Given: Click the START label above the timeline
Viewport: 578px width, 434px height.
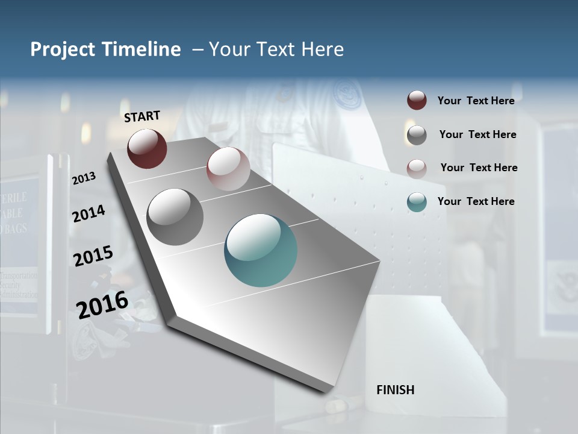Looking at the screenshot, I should pos(142,116).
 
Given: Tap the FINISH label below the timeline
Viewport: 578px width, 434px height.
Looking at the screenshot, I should pos(396,390).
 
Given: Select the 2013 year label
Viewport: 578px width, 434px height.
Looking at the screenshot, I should pos(84,178).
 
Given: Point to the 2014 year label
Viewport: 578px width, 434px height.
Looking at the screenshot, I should pos(89,213).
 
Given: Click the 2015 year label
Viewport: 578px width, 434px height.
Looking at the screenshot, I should pos(93,256).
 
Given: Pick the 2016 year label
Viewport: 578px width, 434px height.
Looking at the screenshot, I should pos(102,304).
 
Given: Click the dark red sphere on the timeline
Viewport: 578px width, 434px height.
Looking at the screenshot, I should pos(147,148).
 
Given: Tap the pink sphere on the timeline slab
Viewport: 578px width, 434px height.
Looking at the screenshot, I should pos(228,169).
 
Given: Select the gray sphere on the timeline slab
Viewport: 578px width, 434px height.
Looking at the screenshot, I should pos(175,217).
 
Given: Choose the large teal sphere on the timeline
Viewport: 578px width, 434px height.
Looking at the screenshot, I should pos(261,250).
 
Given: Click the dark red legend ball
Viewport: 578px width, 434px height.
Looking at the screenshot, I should pos(417,101).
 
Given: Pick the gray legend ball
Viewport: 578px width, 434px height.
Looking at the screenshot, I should pos(417,134).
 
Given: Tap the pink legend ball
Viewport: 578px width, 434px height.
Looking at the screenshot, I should pos(417,168).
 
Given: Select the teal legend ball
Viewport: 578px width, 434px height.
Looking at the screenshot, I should pos(417,202).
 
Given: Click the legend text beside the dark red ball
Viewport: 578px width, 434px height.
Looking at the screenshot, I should pos(476,101).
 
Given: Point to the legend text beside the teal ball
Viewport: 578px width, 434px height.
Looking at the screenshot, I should pos(476,201).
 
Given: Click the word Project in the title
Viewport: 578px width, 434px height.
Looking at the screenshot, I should pos(63,49).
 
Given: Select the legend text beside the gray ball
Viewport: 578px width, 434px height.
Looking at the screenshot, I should pos(477,134).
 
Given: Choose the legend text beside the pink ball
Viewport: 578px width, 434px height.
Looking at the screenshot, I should pos(479,168).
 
